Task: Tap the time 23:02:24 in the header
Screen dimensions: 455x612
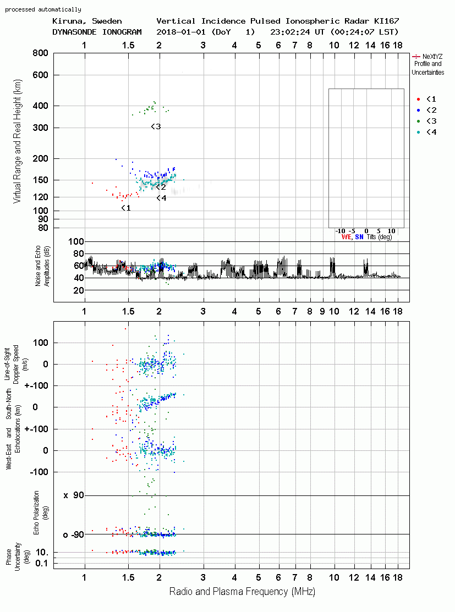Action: pyautogui.click(x=290, y=32)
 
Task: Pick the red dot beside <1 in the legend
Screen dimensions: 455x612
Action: pyautogui.click(x=418, y=99)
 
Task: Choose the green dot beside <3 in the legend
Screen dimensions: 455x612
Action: pyautogui.click(x=418, y=121)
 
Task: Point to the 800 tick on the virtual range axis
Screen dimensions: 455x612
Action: pyautogui.click(x=40, y=53)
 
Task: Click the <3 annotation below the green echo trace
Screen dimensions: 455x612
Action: pyautogui.click(x=156, y=126)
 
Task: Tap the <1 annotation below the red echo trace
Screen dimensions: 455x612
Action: pyautogui.click(x=126, y=208)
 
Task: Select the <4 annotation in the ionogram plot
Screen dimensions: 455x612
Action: pyautogui.click(x=161, y=199)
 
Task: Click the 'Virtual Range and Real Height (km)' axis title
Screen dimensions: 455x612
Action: pyautogui.click(x=17, y=141)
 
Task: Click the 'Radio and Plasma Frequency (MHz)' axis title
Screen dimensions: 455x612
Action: pyautogui.click(x=242, y=592)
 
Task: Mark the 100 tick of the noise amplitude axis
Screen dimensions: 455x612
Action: pyautogui.click(x=76, y=241)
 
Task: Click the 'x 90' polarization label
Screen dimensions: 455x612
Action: pyautogui.click(x=74, y=495)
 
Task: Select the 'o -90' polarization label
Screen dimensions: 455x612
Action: pyautogui.click(x=74, y=534)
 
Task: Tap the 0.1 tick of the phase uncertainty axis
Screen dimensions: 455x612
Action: pyautogui.click(x=42, y=563)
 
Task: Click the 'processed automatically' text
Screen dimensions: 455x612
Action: pyautogui.click(x=43, y=9)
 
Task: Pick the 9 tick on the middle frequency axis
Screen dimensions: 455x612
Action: pyautogui.click(x=322, y=311)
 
